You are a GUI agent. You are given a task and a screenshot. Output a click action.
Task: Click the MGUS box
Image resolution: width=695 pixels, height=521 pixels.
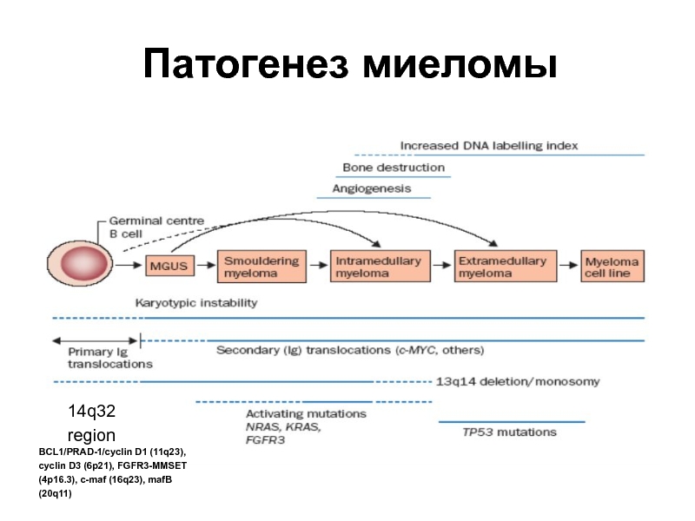pos(169,266)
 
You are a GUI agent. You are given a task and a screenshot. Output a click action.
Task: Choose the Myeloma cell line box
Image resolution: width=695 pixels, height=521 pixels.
pos(612,267)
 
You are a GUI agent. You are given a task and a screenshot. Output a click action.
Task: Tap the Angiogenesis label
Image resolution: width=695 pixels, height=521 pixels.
pos(372,188)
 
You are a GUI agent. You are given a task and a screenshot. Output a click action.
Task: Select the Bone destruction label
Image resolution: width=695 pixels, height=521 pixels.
pos(394,167)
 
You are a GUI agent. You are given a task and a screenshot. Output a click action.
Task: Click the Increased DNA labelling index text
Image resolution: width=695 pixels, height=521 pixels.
pos(489,145)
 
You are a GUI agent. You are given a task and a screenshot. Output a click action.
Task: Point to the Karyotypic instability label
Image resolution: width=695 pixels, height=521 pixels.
pos(196,303)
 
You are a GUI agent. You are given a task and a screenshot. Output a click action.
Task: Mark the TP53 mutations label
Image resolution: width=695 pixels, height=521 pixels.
pos(510,432)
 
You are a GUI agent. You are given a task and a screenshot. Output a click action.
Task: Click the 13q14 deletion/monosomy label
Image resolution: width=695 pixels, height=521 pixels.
pos(518,381)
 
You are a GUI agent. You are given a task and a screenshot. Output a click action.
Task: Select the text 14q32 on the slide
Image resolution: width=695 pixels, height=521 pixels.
pos(91,410)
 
